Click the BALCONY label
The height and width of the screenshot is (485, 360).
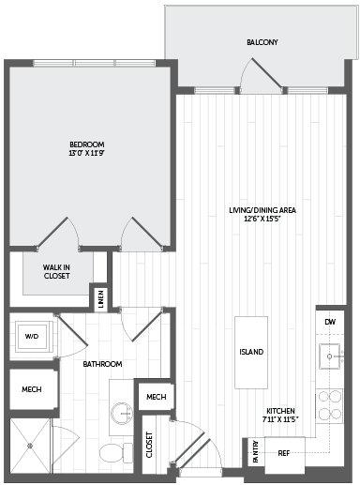(262, 42)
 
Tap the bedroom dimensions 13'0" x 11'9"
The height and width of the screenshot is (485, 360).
(86, 153)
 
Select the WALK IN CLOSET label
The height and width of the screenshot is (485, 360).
(56, 271)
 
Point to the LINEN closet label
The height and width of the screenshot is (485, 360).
(100, 299)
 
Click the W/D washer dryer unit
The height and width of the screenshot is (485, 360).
(32, 337)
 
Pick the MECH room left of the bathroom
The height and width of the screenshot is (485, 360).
(32, 389)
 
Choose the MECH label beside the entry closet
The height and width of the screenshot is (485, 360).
(157, 397)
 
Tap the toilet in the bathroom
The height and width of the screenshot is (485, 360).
(116, 452)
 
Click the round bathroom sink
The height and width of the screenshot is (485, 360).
(122, 414)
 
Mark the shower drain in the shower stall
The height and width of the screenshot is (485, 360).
(30, 446)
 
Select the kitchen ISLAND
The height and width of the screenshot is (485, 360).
(251, 353)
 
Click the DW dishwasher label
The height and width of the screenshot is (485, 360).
(330, 322)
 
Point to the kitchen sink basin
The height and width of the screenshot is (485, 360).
(329, 356)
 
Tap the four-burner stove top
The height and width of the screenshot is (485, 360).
(329, 406)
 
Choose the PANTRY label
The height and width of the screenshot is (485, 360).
(256, 451)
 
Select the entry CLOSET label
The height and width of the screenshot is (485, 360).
(149, 445)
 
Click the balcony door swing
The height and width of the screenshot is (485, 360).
(261, 75)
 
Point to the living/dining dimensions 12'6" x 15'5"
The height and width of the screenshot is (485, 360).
(262, 219)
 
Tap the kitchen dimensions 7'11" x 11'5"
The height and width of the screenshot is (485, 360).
(280, 419)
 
